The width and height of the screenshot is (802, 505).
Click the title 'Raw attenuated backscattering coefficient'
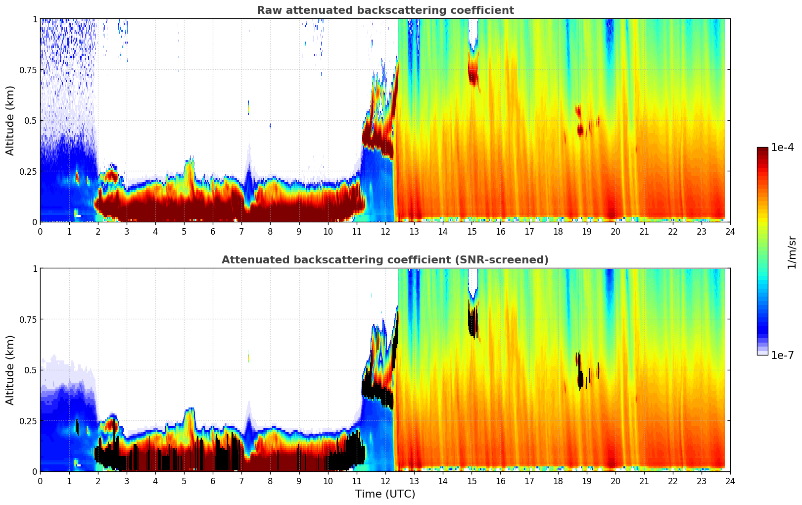385,10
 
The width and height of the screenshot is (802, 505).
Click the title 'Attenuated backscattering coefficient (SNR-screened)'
385,260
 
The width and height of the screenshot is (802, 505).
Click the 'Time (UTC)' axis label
385,494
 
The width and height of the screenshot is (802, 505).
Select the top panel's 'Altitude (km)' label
10,120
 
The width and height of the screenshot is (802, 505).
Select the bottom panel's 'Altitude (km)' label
10,370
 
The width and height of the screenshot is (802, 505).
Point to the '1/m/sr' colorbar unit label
792,252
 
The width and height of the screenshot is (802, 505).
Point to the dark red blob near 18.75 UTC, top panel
580,130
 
